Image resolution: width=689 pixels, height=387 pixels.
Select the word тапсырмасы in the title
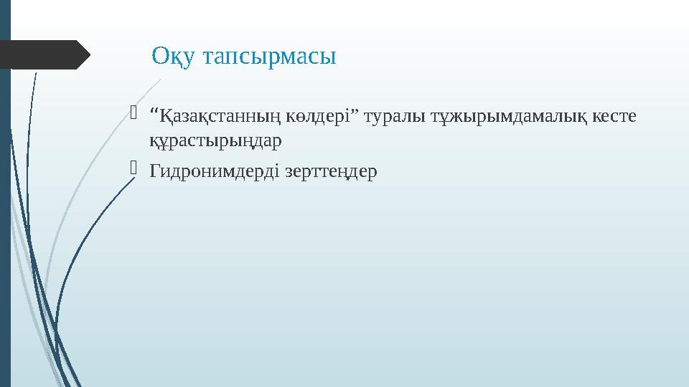[266, 56]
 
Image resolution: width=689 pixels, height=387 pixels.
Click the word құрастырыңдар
[215, 141]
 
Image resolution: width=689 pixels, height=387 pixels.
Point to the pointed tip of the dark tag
[88, 55]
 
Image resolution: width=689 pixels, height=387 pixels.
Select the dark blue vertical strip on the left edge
[5, 215]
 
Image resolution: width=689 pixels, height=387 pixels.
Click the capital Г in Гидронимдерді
[154, 172]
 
